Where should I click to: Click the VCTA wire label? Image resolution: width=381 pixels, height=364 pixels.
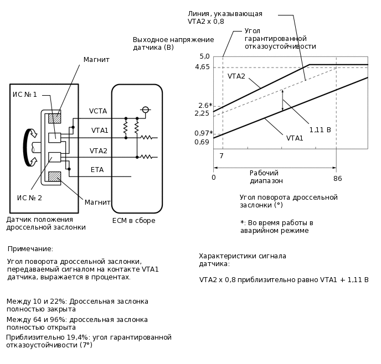pos(98,111)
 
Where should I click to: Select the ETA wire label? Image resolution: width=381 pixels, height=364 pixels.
pos(97,170)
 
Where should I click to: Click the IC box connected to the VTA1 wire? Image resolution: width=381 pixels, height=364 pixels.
pos(54,138)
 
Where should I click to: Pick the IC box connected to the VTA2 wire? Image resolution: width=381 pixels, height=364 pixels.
pos(54,157)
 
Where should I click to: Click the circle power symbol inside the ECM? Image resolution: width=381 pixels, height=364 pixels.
pos(145,110)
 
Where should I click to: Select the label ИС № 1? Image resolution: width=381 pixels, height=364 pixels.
pos(25,95)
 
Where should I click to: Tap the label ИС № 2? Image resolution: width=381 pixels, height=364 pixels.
pos(29,198)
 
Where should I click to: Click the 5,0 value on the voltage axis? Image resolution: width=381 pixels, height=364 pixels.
pos(204,56)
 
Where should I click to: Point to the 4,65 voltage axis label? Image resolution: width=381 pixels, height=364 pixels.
pos(202,67)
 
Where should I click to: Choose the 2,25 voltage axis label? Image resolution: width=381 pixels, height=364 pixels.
pos(202,113)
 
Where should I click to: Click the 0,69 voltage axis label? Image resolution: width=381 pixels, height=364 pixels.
pos(202,142)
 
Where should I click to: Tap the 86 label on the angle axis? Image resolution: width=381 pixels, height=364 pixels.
pos(337,179)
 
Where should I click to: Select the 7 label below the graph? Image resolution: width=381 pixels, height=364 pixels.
pos(222,156)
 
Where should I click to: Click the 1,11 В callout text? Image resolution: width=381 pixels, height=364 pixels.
pos(320,130)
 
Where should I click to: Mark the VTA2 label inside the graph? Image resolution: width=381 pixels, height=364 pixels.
pos(236,76)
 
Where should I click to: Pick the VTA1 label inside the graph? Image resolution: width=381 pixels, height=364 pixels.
pos(295,138)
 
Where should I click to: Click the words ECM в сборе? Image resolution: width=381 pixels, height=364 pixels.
pos(133,221)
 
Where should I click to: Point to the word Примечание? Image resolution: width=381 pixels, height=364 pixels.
pos(30,249)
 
